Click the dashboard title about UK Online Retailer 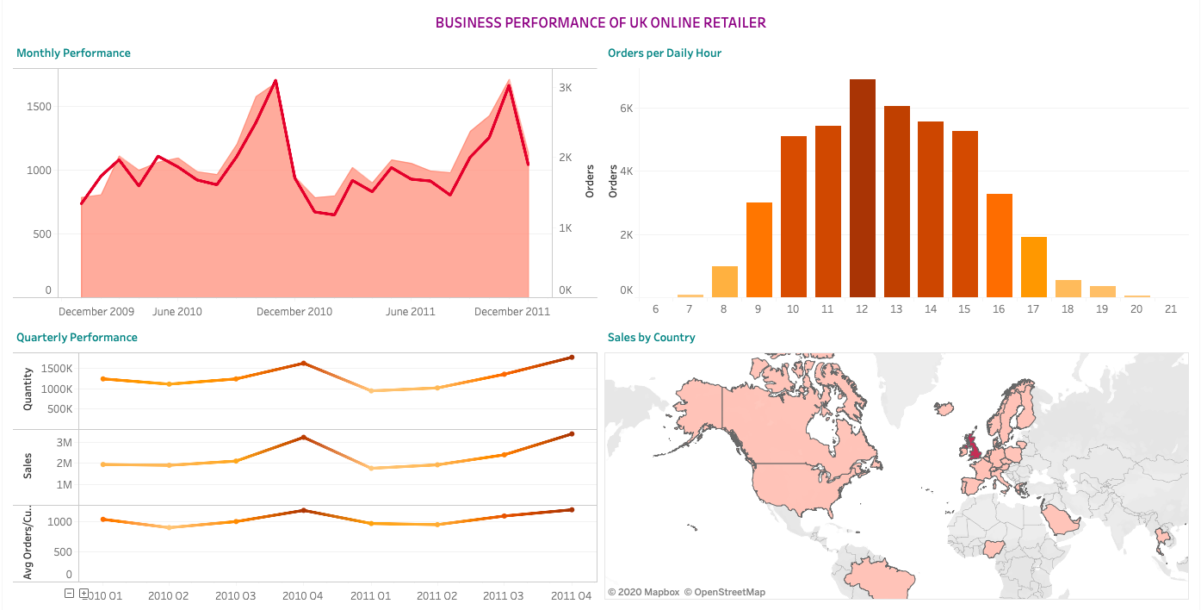click(600, 22)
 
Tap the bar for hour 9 click(758, 250)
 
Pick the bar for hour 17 click(1033, 267)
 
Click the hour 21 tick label click(1170, 308)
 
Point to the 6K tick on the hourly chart click(626, 109)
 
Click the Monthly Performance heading click(73, 53)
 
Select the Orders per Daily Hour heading click(664, 53)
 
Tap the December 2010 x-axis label click(294, 312)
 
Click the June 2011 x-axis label click(410, 312)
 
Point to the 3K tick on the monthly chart click(566, 88)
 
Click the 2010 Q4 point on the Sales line click(303, 438)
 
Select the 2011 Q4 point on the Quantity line click(571, 358)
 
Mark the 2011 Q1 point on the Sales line click(371, 468)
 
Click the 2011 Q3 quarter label click(504, 595)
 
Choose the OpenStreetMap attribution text click(724, 592)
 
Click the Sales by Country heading click(651, 338)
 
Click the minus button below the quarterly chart click(70, 593)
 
